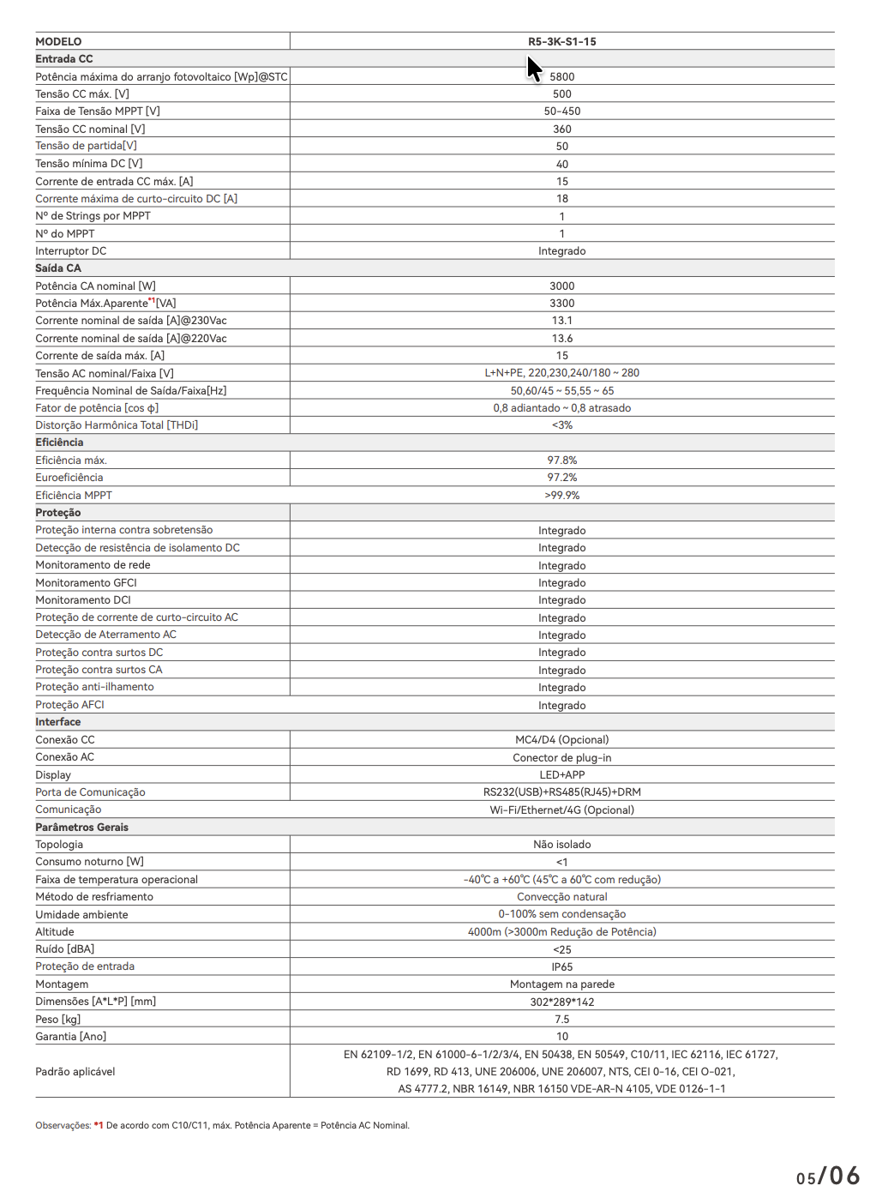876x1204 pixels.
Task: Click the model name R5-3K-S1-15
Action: tap(561, 41)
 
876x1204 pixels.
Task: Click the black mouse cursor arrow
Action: tap(533, 69)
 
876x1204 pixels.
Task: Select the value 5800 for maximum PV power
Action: tap(561, 76)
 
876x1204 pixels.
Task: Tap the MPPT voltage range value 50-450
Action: tap(561, 111)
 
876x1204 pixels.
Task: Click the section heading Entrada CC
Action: tap(64, 59)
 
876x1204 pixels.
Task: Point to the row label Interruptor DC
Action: tap(71, 251)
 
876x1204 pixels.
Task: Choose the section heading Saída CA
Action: tap(58, 268)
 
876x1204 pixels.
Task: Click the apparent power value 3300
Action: tap(561, 304)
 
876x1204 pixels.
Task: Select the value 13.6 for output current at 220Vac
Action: tap(561, 339)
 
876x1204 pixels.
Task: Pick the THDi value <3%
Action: tap(561, 425)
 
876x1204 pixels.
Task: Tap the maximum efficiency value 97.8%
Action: tap(561, 461)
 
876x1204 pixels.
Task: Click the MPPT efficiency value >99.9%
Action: tap(561, 496)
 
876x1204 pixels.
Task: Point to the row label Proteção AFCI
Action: tap(69, 705)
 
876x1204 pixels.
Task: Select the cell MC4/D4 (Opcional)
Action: tap(561, 740)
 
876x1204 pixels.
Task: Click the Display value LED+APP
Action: tap(561, 775)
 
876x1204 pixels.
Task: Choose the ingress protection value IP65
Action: tap(561, 967)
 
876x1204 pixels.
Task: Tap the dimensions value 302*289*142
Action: tap(561, 1002)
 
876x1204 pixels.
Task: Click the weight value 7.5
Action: tap(561, 1020)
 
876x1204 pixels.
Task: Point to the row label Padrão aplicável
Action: tap(75, 1072)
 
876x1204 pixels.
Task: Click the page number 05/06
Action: tap(827, 1176)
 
